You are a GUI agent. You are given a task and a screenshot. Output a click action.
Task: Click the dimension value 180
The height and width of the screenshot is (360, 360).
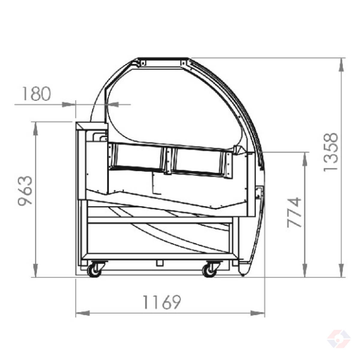point(37,94)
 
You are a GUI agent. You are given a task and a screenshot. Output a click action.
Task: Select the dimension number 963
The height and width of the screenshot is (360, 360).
point(25,191)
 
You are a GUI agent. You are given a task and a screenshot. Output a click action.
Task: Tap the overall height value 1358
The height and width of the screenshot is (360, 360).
point(331,152)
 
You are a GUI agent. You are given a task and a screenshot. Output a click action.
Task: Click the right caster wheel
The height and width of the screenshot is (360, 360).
point(210,271)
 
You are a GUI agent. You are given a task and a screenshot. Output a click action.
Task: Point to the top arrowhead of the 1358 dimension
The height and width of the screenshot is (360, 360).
point(341,64)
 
